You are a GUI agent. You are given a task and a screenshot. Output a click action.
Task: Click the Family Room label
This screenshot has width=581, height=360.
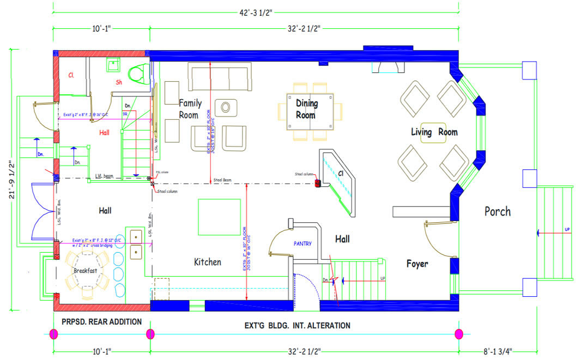190,108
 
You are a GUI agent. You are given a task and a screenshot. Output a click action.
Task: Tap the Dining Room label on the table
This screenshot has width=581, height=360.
306,108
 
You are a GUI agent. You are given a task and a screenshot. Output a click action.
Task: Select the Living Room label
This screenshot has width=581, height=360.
434,132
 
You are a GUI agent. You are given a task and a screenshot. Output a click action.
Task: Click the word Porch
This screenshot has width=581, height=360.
498,211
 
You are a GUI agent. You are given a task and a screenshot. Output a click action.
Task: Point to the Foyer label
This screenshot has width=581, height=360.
417,264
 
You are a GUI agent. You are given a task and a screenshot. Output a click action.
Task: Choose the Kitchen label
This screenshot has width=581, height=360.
208,262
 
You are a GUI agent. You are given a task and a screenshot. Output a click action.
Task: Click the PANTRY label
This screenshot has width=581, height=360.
302,243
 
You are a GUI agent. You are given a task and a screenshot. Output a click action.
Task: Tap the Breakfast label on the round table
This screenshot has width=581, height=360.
85,271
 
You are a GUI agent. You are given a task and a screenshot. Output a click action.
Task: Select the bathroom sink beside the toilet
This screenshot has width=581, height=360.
114,65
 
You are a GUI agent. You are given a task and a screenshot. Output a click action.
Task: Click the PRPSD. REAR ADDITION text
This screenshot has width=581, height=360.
101,322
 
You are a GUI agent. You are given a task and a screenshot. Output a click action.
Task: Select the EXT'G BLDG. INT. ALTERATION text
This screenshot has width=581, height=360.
297,326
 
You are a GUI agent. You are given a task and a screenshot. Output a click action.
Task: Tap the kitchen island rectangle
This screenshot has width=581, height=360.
219,217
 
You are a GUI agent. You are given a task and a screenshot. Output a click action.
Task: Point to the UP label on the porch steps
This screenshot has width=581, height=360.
567,229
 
